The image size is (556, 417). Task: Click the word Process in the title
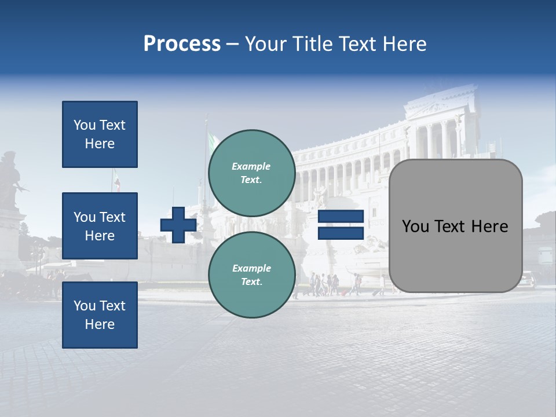point(182,44)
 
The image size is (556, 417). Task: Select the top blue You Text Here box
point(100,134)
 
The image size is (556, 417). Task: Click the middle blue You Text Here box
point(100,226)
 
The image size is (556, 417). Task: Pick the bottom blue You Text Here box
point(100,315)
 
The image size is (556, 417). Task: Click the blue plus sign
point(178,225)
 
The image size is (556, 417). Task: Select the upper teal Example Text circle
point(251,173)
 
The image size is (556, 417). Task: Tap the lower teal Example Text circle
point(251,275)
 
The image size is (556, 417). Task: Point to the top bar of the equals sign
point(341,217)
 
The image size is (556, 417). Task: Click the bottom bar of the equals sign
point(341,233)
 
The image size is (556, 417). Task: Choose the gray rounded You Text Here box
point(455,226)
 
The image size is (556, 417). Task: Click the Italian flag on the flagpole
point(213,141)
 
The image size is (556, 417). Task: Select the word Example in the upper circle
point(251,166)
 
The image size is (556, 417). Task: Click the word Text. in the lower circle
point(251,282)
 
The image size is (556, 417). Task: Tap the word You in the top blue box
point(85,125)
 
